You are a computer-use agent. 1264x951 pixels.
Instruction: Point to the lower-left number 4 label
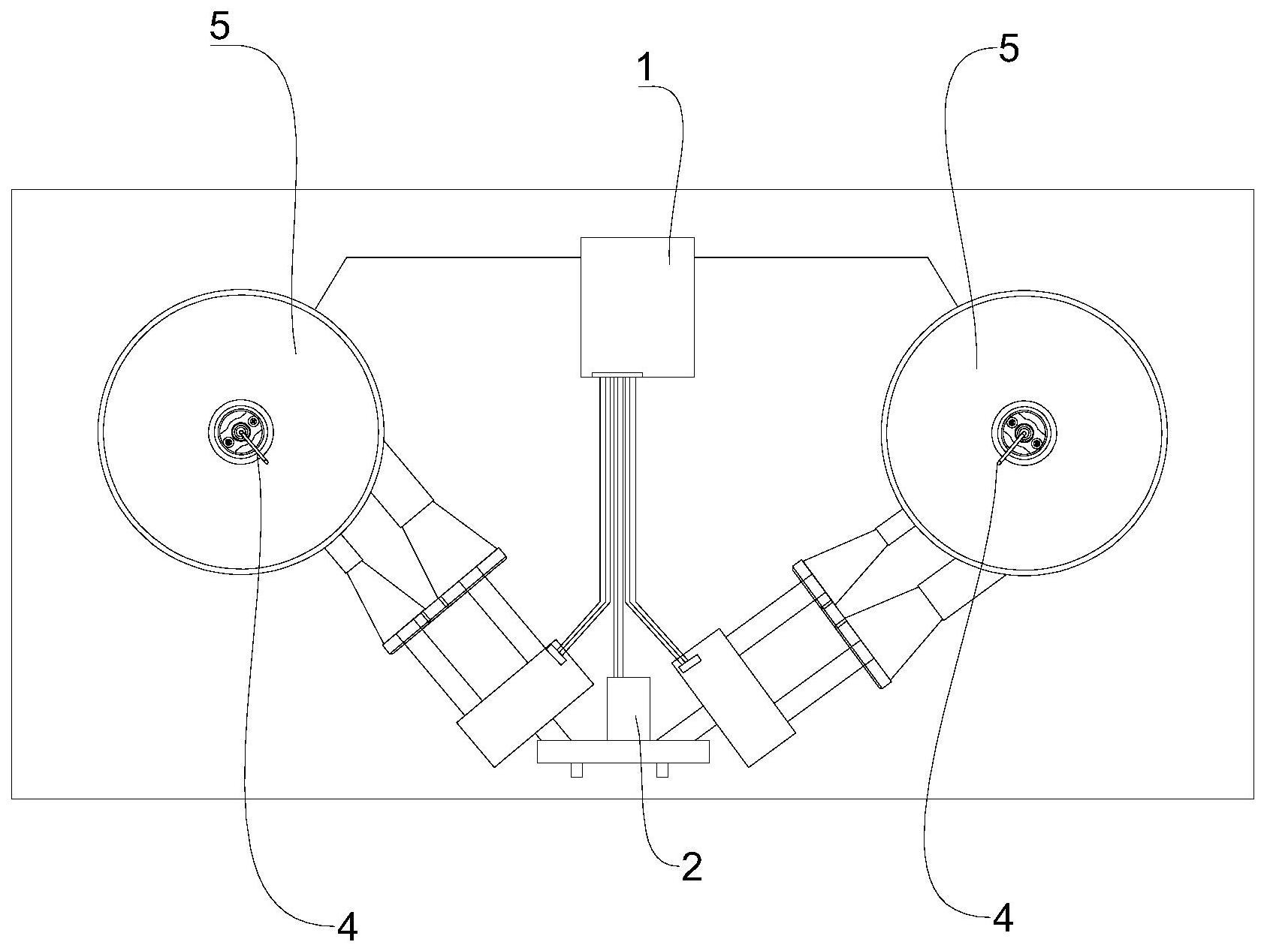(x=346, y=928)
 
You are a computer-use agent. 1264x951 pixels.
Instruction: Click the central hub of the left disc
(x=241, y=432)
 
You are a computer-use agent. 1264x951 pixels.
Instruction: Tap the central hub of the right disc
(x=1024, y=432)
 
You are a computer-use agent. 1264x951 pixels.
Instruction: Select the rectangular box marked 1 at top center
(x=638, y=307)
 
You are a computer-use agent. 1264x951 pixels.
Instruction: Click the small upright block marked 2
(x=629, y=709)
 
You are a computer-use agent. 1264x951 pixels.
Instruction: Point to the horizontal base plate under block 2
(x=623, y=752)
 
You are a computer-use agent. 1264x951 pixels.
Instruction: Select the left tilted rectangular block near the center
(x=525, y=704)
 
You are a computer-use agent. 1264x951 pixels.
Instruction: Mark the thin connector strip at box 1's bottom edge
(x=617, y=374)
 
